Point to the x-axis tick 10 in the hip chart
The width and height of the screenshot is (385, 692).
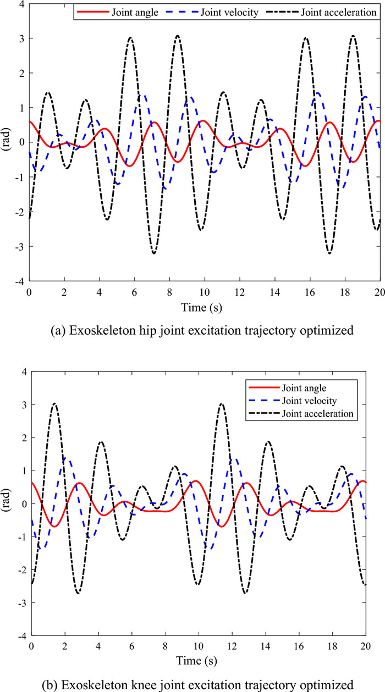tap(205, 291)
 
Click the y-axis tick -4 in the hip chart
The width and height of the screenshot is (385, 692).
tap(20, 281)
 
